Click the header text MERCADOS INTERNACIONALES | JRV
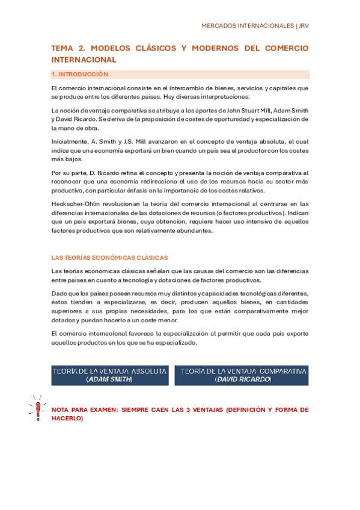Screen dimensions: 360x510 pyautogui.click(x=254, y=26)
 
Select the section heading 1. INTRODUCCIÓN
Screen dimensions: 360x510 pyautogui.click(x=80, y=75)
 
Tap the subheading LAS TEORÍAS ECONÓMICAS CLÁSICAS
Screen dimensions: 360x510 pyautogui.click(x=109, y=257)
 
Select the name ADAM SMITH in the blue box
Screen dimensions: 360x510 pyautogui.click(x=109, y=380)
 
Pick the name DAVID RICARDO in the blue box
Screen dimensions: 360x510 pyautogui.click(x=243, y=380)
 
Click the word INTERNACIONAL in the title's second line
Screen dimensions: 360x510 pyautogui.click(x=84, y=60)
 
